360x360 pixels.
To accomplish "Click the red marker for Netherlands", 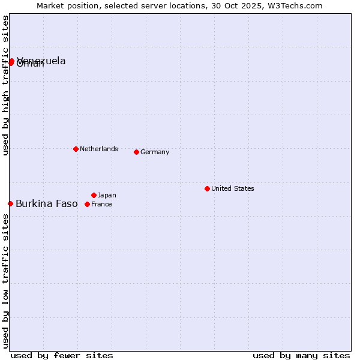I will [76, 149].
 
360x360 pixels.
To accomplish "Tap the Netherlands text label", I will [99, 149].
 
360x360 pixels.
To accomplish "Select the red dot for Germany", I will [136, 152].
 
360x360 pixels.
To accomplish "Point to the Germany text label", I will [155, 152].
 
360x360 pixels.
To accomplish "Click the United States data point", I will [207, 188].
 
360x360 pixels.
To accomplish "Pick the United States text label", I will [233, 188].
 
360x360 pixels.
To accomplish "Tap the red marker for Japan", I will [94, 195].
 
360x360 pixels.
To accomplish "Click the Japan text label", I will [107, 195].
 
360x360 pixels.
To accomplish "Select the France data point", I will [87, 204].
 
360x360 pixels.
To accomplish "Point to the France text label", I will [101, 204].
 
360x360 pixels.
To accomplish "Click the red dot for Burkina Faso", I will [10, 203].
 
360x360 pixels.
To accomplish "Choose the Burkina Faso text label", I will [47, 203].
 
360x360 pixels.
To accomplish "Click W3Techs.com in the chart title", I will [295, 6].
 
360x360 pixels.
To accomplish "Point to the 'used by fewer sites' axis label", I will [62, 355].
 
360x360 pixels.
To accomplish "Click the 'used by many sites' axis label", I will [301, 355].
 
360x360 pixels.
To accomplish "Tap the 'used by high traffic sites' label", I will [5, 86].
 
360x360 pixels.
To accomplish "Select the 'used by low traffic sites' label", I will [5, 280].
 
